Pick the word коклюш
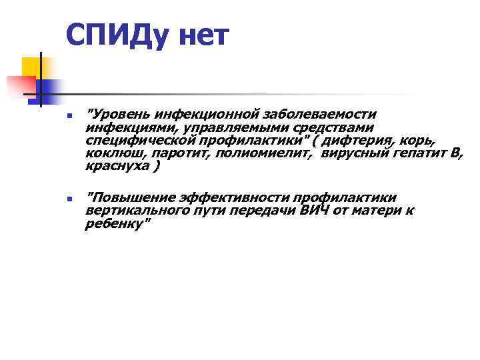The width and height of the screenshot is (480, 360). click(x=111, y=155)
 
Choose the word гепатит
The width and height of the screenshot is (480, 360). click(x=421, y=155)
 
